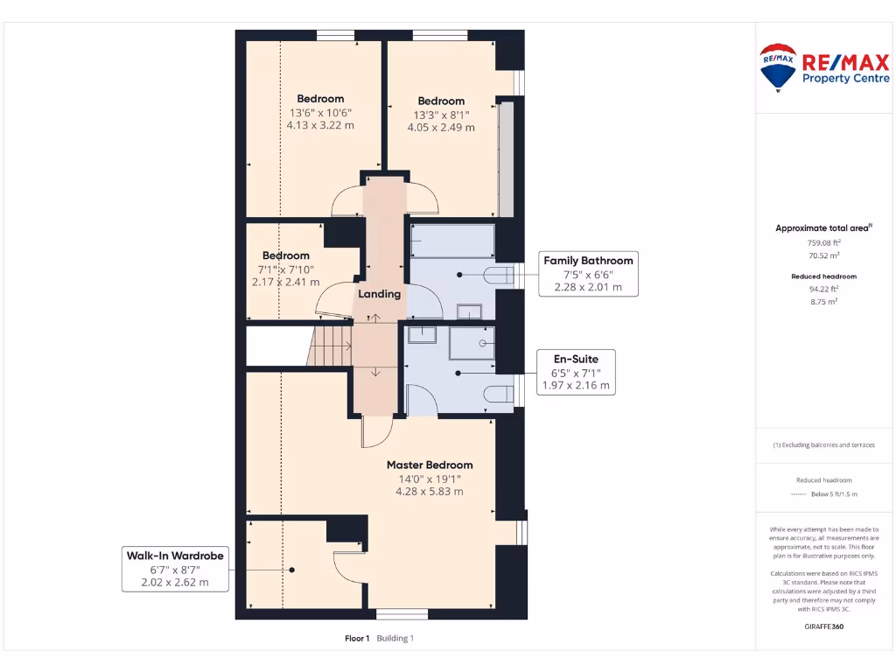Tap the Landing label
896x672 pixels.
380,294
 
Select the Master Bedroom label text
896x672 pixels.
430,465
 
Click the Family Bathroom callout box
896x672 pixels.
588,273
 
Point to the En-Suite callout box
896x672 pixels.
575,371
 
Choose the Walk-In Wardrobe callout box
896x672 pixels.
175,569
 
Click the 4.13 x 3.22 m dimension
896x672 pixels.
320,125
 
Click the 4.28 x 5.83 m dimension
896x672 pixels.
430,491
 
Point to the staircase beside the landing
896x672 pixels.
330,346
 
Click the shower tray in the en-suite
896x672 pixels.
472,343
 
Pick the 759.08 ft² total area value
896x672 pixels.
823,242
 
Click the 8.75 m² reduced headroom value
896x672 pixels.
823,301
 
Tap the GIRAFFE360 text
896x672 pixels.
822,626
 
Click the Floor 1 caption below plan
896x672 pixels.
357,639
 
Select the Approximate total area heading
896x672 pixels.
822,228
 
